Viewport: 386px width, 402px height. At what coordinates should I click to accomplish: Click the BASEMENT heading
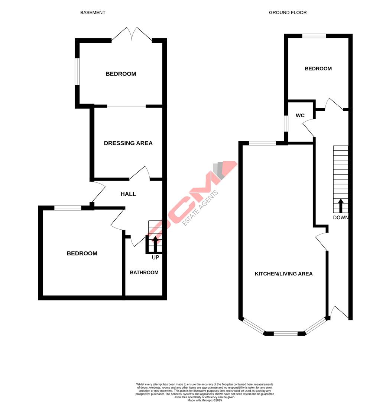coord(93,13)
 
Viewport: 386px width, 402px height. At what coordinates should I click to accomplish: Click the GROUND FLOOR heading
coord(288,13)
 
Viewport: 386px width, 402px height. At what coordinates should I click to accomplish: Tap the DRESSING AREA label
coord(128,143)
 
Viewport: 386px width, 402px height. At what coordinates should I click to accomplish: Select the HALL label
coord(128,194)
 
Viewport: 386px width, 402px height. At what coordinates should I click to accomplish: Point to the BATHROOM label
coord(144,272)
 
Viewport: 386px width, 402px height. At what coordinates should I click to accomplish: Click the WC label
coord(300,115)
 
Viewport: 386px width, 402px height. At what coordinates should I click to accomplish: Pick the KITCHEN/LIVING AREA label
coord(283,274)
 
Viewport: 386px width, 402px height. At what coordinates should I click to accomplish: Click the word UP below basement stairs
coord(155,257)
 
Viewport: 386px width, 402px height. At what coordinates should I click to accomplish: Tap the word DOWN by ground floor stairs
coord(341,218)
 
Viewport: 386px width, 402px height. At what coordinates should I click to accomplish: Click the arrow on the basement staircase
coord(155,244)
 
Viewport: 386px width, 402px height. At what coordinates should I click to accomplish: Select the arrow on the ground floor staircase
coord(341,205)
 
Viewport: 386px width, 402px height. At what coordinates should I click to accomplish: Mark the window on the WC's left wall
coord(286,124)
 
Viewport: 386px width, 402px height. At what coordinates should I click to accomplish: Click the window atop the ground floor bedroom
coord(314,36)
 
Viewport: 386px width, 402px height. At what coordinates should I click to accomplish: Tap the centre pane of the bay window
coord(285,334)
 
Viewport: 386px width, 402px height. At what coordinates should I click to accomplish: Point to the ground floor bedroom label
coord(318,69)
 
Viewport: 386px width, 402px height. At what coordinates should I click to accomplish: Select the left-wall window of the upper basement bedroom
coord(77,71)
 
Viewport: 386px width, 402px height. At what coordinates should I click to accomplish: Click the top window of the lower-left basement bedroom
coord(68,208)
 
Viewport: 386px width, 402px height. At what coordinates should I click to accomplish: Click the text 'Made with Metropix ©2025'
coord(205,401)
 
